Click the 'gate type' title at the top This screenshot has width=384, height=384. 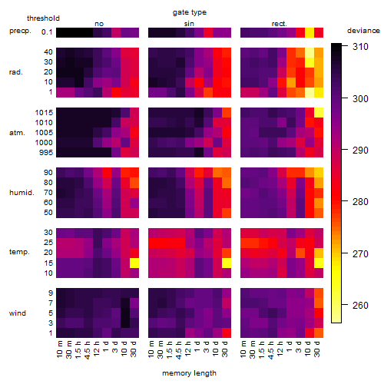tap(190, 12)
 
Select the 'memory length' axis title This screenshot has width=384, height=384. tap(189, 373)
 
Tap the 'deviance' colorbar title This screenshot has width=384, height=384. tap(363, 31)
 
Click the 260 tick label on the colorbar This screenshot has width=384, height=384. tap(360, 305)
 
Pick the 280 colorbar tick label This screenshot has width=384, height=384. tap(360, 202)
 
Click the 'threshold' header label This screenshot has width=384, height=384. tap(43, 18)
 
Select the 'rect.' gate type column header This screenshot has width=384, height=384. tap(279, 24)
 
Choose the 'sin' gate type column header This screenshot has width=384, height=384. tap(189, 24)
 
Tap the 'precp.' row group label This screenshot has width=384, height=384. tap(20, 31)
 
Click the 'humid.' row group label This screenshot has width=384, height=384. tap(22, 193)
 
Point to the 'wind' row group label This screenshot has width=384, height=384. tap(18, 313)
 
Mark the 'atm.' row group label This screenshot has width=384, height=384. tap(17, 133)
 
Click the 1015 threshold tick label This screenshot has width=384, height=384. tap(44, 113)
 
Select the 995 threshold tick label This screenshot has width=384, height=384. tap(46, 153)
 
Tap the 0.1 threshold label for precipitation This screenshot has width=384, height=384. tap(47, 32)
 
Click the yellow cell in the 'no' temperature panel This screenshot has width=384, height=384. tap(134, 263)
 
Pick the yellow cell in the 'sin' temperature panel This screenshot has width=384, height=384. tap(227, 263)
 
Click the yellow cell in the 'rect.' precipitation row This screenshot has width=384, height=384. tap(310, 32)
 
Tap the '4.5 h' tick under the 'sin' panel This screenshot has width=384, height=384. tap(179, 349)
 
